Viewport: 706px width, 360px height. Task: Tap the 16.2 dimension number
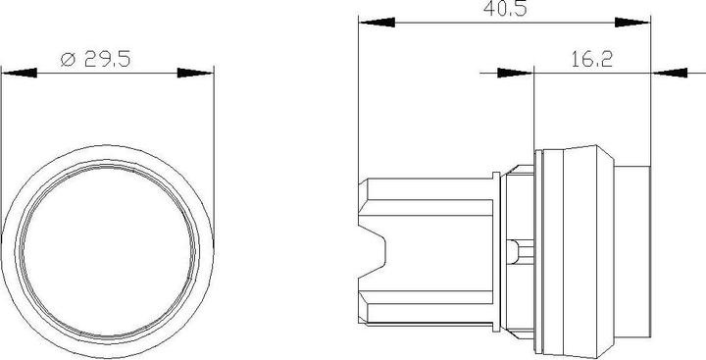pyautogui.click(x=590, y=59)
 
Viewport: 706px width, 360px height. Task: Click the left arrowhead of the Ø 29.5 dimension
pyautogui.click(x=20, y=74)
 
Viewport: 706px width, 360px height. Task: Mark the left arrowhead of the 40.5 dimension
pyautogui.click(x=377, y=22)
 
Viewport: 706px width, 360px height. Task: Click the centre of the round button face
pyautogui.click(x=107, y=241)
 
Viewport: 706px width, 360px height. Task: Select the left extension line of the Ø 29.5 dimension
pyautogui.click(x=3, y=147)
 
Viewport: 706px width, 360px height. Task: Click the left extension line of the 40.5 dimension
pyautogui.click(x=359, y=98)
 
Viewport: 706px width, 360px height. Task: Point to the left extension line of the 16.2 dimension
pyautogui.click(x=533, y=108)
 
